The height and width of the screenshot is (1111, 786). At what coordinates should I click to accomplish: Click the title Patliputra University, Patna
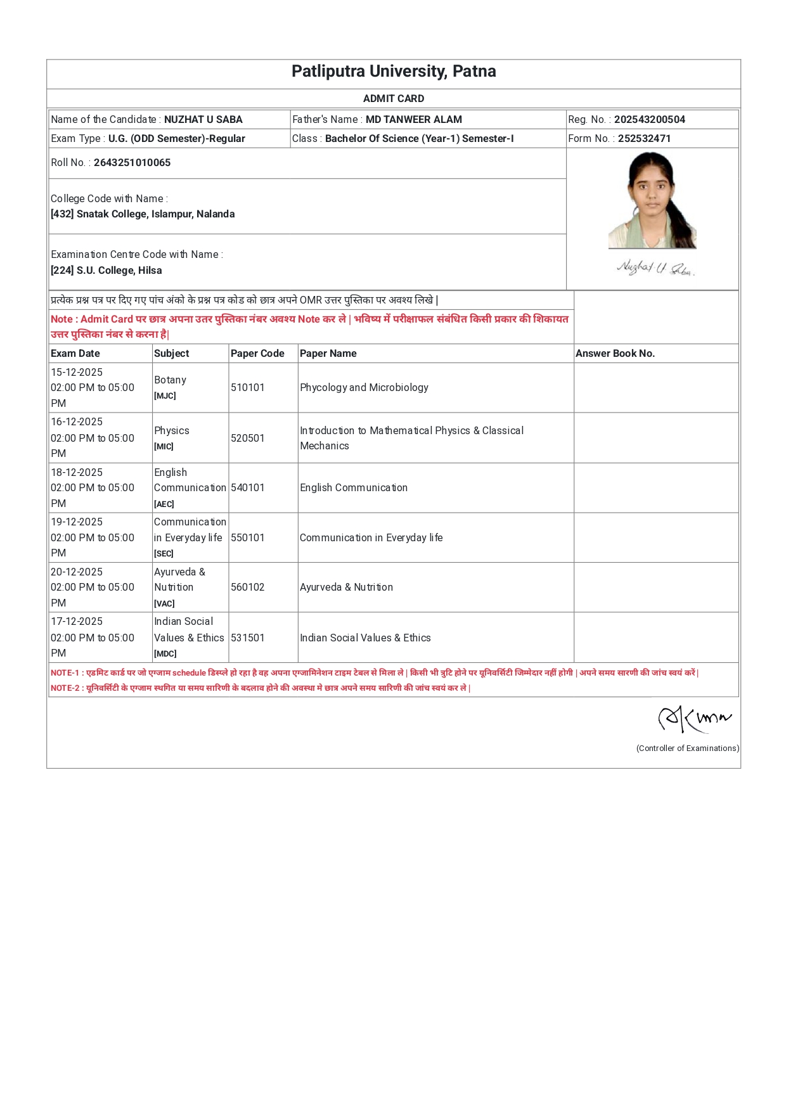click(x=393, y=71)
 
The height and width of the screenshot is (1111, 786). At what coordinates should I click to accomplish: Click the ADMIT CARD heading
click(x=393, y=98)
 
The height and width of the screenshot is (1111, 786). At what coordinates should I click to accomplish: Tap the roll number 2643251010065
click(x=132, y=162)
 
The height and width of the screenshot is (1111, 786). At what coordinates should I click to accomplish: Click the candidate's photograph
click(x=652, y=201)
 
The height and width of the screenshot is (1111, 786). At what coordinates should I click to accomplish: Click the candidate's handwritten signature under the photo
click(x=655, y=268)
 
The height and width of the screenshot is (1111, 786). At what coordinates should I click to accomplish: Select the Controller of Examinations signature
click(x=694, y=719)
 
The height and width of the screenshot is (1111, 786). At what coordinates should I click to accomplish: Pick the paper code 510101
click(x=247, y=387)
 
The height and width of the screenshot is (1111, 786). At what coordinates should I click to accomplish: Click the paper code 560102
click(x=247, y=587)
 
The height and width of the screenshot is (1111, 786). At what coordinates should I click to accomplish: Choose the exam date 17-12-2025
click(x=77, y=621)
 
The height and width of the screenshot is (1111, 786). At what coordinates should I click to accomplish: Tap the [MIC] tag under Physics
click(x=164, y=446)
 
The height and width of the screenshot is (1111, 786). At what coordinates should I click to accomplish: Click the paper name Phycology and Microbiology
click(x=364, y=387)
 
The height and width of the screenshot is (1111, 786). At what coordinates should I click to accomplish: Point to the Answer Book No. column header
click(x=615, y=353)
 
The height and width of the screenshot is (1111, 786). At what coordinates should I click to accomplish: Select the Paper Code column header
click(x=257, y=353)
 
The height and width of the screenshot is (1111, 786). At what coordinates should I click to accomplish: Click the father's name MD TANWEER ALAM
click(x=413, y=119)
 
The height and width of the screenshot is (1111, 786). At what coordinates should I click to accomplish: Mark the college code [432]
click(x=62, y=214)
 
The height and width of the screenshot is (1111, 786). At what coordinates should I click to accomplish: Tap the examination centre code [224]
click(x=62, y=270)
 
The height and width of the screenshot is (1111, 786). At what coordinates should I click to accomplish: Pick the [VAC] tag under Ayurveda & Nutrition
click(x=164, y=603)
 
